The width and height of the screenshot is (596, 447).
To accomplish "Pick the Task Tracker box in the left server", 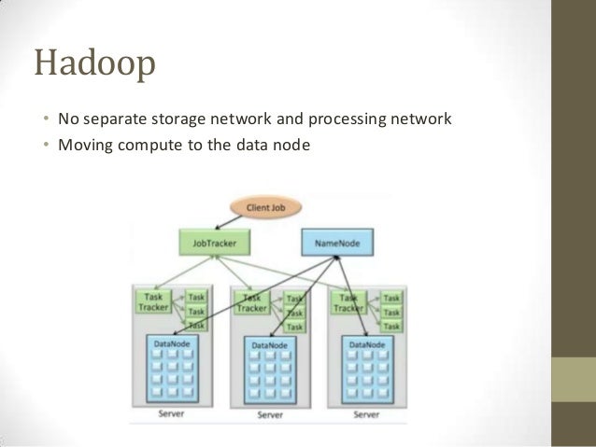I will pyautogui.click(x=154, y=301).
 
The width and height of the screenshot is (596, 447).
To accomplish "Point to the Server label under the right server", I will pyautogui.click(x=366, y=413).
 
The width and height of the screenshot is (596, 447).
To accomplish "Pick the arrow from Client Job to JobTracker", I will pyautogui.click(x=224, y=221).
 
